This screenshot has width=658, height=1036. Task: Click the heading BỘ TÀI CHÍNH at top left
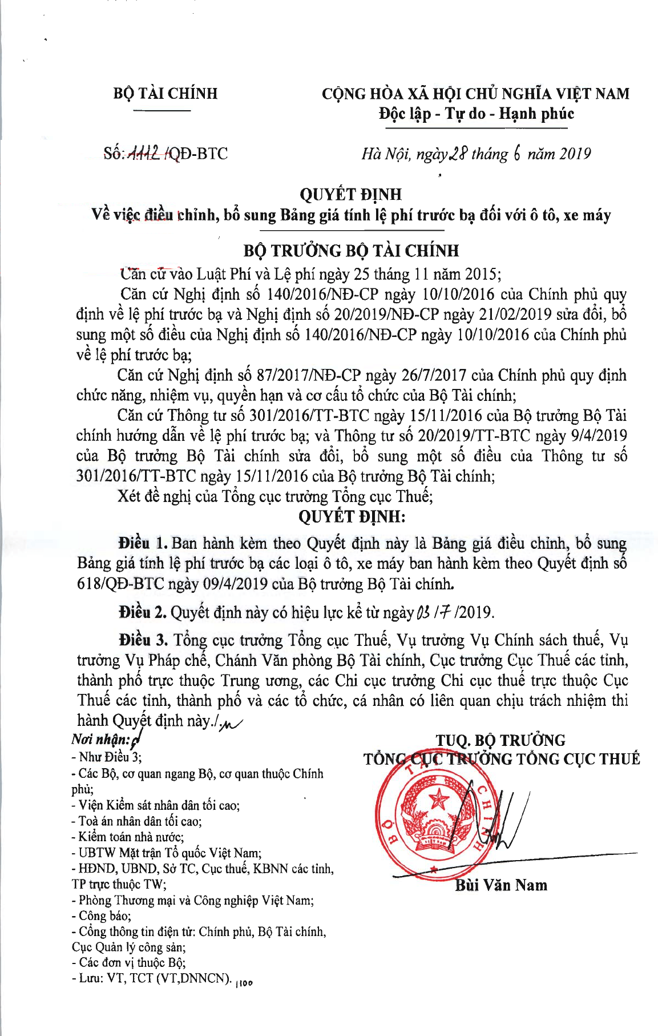pyautogui.click(x=165, y=93)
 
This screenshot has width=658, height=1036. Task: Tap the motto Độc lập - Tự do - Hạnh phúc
pyautogui.click(x=476, y=114)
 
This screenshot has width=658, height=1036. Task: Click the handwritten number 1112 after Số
pyautogui.click(x=147, y=153)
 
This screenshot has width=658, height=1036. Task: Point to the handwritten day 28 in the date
pyautogui.click(x=459, y=154)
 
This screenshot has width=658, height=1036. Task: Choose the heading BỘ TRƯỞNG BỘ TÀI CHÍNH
pyautogui.click(x=351, y=251)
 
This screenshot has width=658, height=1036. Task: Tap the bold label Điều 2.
pyautogui.click(x=143, y=612)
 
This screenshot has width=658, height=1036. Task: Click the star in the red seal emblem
pyautogui.click(x=439, y=798)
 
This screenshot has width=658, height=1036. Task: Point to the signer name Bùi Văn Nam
pyautogui.click(x=500, y=885)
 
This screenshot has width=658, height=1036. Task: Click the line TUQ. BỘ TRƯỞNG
pyautogui.click(x=500, y=741)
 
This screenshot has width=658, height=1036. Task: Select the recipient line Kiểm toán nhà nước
pyautogui.click(x=127, y=837)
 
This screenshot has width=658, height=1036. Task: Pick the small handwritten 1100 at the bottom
pyautogui.click(x=244, y=982)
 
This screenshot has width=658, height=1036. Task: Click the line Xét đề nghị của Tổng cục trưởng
pyautogui.click(x=275, y=496)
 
